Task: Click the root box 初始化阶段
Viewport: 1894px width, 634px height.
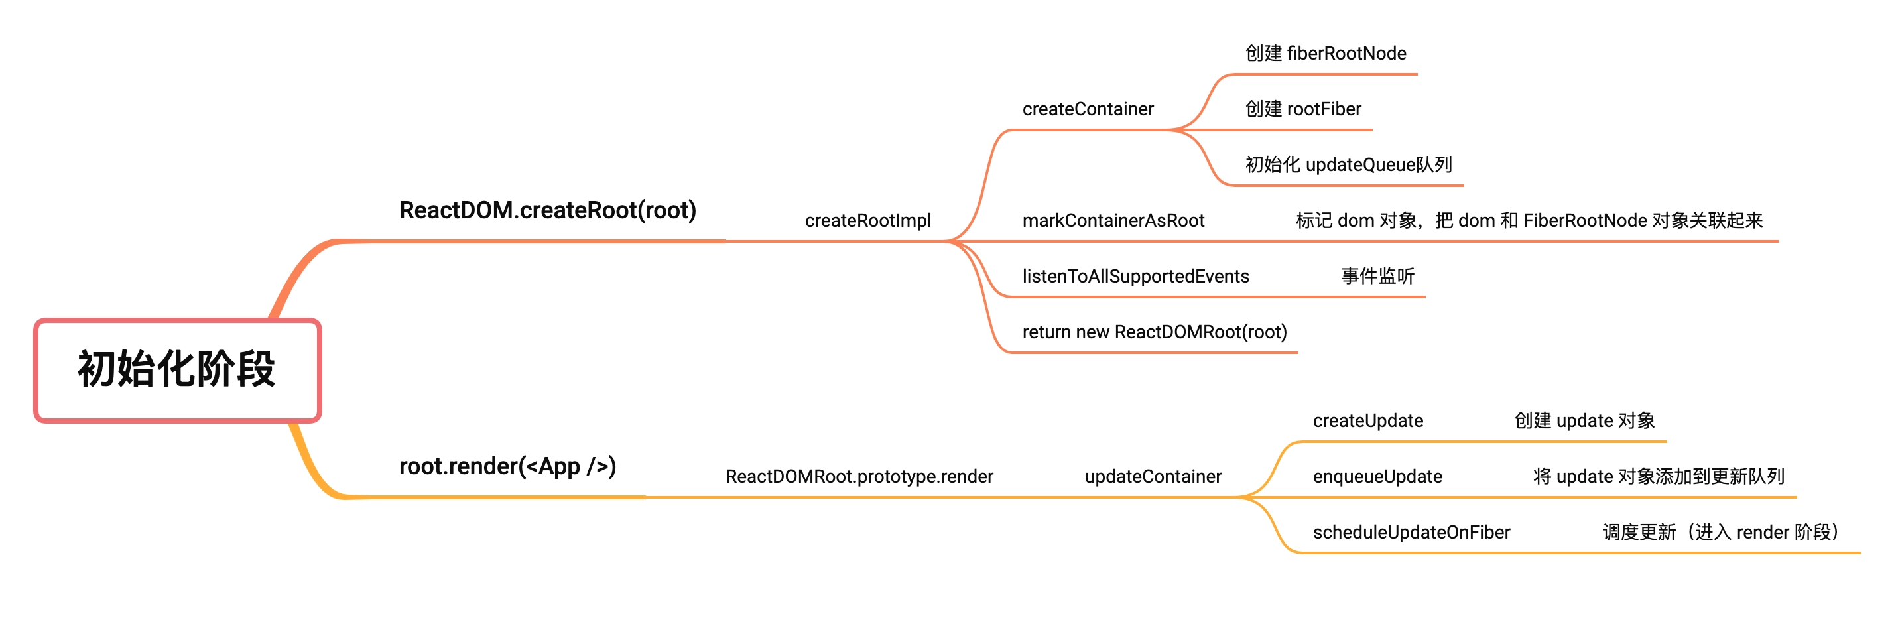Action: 177,370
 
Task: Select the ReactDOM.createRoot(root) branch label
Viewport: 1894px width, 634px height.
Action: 547,210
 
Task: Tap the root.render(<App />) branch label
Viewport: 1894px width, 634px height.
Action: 507,466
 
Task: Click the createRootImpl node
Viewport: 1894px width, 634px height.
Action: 867,221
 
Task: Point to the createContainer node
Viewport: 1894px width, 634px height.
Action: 1088,109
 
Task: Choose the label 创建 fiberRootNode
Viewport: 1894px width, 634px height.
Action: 1325,54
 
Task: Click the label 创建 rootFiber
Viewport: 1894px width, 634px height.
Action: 1303,109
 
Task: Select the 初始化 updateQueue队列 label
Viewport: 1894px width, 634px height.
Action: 1348,164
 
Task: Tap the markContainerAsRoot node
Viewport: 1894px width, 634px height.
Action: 1113,221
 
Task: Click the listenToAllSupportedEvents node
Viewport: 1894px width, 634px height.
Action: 1135,277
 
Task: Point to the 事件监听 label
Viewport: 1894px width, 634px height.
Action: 1377,277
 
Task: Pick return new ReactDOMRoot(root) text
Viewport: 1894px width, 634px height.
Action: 1155,332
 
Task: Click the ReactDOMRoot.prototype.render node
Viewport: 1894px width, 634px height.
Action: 859,477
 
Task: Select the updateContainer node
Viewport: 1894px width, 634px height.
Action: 1153,477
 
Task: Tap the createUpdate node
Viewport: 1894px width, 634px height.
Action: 1367,420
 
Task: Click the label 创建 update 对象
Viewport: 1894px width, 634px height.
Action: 1584,420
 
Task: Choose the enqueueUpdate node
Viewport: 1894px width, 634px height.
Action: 1377,477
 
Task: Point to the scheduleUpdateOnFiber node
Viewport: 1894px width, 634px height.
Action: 1411,533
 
